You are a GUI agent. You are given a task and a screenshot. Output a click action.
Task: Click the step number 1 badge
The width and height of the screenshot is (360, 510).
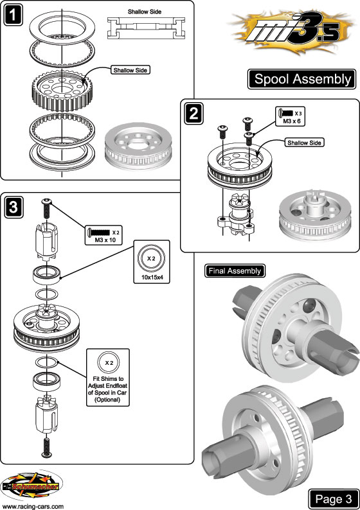13,15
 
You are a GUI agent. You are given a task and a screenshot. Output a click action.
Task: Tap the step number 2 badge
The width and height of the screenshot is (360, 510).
194,114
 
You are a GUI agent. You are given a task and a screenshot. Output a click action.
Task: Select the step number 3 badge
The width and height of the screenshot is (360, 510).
14,207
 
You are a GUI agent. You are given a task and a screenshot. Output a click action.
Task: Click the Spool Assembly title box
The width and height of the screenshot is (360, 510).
301,79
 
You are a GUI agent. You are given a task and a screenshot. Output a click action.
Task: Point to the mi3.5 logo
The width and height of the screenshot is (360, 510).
292,33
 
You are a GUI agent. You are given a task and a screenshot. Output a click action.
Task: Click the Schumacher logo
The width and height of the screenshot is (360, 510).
32,486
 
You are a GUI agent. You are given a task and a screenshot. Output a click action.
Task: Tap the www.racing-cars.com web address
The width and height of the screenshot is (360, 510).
33,506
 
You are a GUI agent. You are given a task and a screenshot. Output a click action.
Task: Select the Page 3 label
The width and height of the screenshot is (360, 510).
333,498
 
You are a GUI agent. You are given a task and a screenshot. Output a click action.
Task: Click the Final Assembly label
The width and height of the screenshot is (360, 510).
235,271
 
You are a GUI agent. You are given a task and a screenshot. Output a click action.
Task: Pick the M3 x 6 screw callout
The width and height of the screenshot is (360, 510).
290,116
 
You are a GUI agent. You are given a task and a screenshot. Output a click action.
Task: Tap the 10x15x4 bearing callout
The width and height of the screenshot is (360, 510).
152,262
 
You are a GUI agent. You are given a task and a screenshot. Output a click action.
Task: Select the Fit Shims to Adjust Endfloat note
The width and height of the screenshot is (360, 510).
108,377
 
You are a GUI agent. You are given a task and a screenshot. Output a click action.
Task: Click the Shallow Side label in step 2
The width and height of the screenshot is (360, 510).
304,143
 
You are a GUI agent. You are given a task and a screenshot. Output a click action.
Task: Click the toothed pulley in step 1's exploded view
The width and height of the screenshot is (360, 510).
61,90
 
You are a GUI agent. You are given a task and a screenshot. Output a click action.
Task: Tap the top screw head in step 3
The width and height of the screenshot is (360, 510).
46,202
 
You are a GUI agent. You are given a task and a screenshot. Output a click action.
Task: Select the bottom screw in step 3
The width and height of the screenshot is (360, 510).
47,448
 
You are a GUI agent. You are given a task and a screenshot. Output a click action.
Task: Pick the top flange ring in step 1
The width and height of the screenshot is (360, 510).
62,27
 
